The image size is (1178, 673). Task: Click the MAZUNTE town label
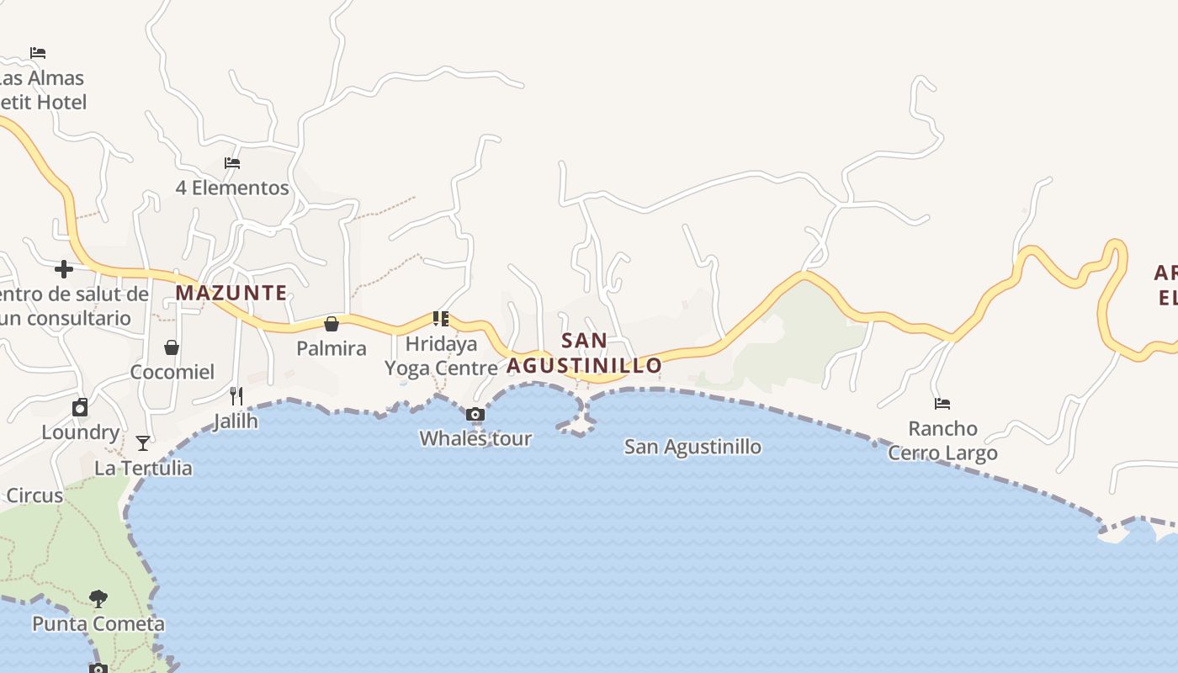click(x=231, y=293)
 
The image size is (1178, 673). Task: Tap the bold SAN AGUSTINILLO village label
click(x=585, y=353)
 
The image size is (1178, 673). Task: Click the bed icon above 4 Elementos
click(x=232, y=163)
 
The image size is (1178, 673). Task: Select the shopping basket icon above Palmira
click(x=332, y=324)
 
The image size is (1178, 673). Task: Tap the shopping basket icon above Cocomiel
click(x=172, y=347)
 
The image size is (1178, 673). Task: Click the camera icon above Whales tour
click(x=475, y=414)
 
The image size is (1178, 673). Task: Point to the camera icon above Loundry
click(x=80, y=408)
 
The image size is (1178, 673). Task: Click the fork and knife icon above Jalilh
click(x=236, y=395)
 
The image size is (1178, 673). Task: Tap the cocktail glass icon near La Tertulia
click(x=143, y=442)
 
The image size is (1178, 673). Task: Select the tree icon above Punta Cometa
click(x=98, y=599)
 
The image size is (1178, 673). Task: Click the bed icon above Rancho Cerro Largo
click(x=942, y=404)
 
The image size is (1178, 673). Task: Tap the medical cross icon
click(x=63, y=269)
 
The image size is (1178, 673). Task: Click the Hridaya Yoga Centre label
click(x=441, y=356)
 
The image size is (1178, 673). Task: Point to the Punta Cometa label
click(x=98, y=624)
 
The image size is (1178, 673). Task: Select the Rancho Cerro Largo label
click(x=942, y=441)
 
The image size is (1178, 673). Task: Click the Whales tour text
click(x=475, y=438)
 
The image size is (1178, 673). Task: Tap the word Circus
click(x=34, y=495)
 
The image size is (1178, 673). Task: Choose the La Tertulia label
click(x=143, y=468)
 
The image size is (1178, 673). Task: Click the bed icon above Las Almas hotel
click(x=38, y=52)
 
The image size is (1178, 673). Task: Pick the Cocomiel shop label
click(x=172, y=372)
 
